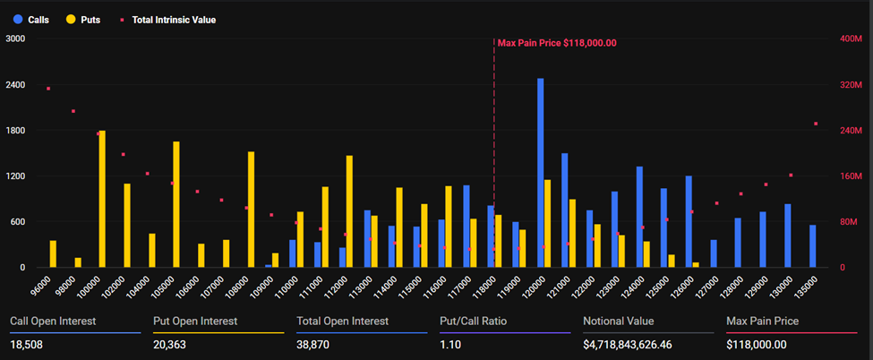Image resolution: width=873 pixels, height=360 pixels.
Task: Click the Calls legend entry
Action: point(31,19)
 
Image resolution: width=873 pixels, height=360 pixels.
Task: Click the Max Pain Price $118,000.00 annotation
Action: point(557,42)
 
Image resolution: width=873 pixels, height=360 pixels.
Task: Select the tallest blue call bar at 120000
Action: point(541,172)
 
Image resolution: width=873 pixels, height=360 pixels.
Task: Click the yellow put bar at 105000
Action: point(176,204)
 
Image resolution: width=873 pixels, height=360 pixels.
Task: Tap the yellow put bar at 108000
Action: point(251,209)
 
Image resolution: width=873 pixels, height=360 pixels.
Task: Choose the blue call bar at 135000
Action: point(812,245)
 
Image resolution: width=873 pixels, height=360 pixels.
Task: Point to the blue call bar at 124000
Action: point(639,217)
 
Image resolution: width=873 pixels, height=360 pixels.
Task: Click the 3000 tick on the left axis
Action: point(15,39)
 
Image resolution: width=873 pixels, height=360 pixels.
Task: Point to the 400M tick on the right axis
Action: point(850,39)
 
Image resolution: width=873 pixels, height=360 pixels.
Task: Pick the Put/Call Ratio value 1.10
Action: point(451,344)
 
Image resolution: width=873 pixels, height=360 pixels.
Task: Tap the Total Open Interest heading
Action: point(342,321)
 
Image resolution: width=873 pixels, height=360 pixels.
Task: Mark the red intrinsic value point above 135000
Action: point(815,124)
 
